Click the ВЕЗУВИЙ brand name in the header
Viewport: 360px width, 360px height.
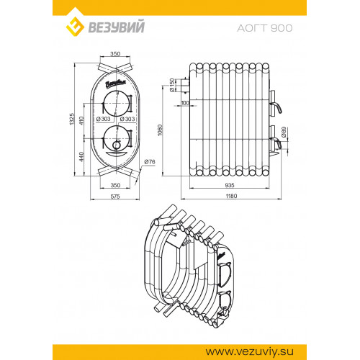117,27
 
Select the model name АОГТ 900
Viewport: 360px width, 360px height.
265,28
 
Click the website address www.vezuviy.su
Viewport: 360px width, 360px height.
250,352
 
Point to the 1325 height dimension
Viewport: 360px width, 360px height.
72,119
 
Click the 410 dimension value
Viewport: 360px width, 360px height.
81,120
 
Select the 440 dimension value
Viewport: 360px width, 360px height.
81,157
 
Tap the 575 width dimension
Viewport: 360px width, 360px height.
115,197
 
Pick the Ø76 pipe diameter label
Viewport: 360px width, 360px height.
150,162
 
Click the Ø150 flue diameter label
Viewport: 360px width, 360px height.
172,85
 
